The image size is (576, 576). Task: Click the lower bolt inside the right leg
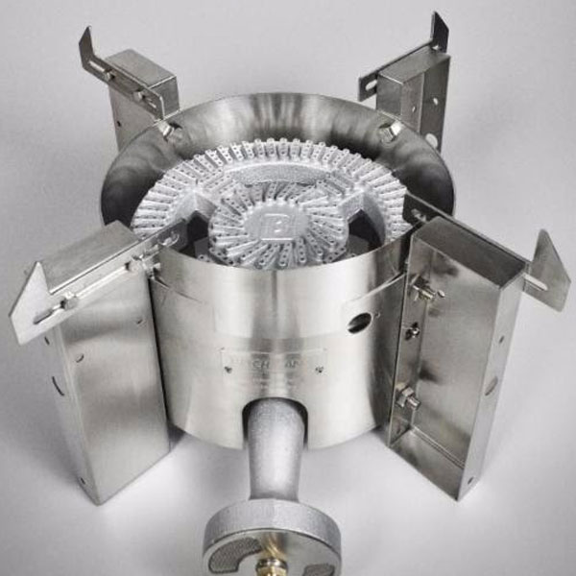point(405,396)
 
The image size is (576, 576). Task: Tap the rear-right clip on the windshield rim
point(390,131)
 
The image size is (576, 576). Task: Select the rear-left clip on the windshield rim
point(167,128)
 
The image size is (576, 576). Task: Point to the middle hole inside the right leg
point(413,331)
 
